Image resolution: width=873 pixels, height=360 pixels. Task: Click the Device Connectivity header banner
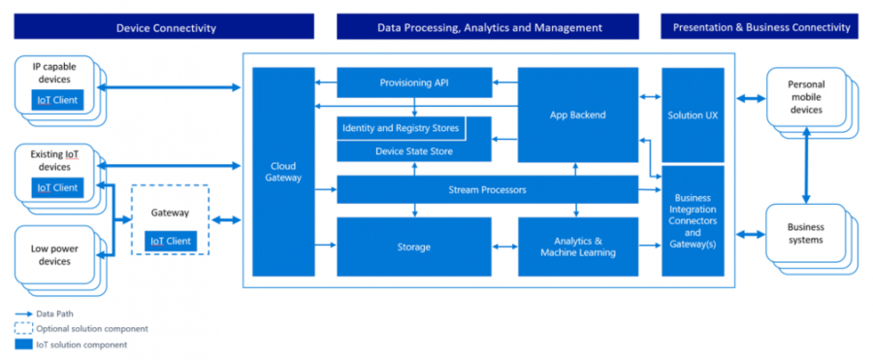tap(166, 27)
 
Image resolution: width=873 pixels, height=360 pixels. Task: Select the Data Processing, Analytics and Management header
tap(489, 27)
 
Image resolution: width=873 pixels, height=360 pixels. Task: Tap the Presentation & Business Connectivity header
tap(761, 27)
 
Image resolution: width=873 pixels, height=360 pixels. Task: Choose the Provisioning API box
tap(414, 83)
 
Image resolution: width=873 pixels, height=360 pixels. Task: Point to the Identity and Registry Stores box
tap(400, 128)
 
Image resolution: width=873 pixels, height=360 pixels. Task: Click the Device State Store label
tap(414, 150)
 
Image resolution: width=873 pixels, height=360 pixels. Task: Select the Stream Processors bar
tap(488, 189)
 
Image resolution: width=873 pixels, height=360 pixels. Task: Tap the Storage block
tap(414, 246)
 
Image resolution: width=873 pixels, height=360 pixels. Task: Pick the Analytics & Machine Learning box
tap(578, 246)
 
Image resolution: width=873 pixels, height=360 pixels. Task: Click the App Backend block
tap(578, 115)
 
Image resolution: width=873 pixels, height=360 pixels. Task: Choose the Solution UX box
tap(693, 115)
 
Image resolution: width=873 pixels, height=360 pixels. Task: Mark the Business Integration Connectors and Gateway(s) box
tap(693, 220)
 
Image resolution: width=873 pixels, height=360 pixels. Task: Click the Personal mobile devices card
tap(805, 97)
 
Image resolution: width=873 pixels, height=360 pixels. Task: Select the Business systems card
tap(805, 233)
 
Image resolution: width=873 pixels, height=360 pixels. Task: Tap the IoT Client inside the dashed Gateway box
tap(171, 241)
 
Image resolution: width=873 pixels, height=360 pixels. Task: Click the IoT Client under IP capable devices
tap(56, 99)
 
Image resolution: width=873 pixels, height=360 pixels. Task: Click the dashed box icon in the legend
tap(23, 329)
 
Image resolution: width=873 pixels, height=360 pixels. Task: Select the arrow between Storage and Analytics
tap(504, 246)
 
